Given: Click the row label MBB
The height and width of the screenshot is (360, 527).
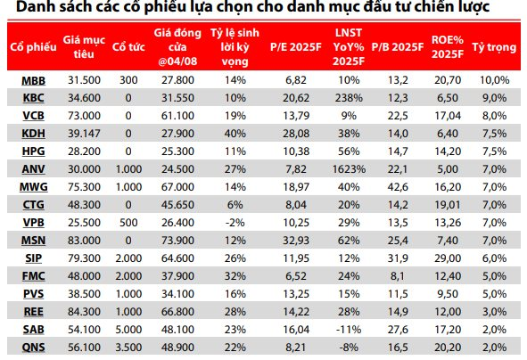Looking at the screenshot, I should click(29, 80).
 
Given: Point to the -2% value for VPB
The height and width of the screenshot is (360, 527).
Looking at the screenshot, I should click(235, 223).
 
